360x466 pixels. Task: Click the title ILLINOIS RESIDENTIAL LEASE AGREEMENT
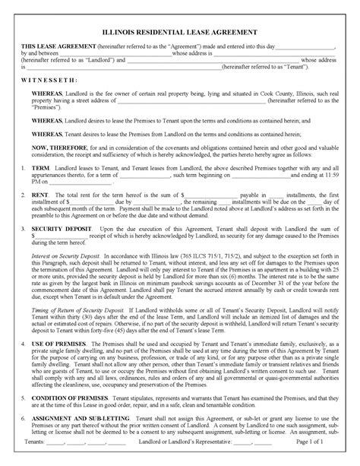[181, 32]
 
